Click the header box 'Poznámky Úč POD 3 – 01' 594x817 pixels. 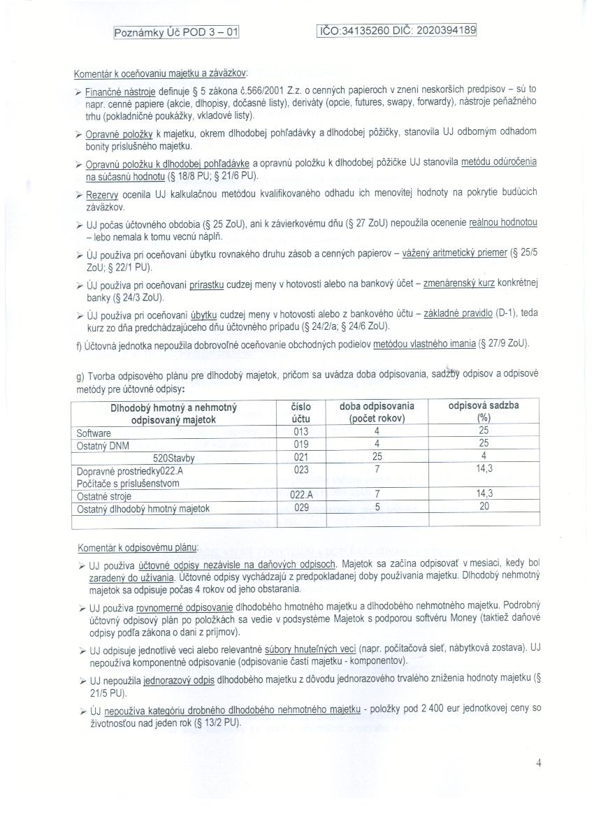coord(176,31)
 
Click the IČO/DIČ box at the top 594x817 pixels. coord(397,30)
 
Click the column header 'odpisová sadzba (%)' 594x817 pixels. coord(484,412)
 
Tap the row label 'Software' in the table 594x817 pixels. coord(94,433)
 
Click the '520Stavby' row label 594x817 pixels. coord(173,458)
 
